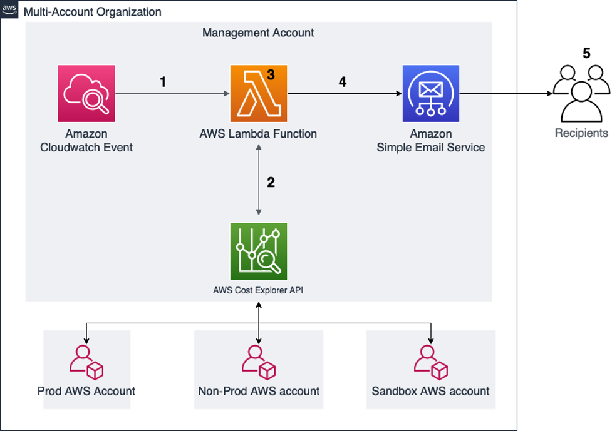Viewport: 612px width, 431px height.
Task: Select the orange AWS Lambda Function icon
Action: [x=258, y=93]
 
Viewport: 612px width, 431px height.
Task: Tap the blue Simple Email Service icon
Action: [x=430, y=93]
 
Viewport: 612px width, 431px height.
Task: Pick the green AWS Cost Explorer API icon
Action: [x=258, y=251]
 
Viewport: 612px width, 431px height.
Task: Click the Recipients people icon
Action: [x=581, y=93]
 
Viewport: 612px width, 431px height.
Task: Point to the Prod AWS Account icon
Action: [x=86, y=362]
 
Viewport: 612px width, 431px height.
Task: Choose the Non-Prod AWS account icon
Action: [x=258, y=362]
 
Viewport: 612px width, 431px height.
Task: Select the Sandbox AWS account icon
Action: [x=431, y=362]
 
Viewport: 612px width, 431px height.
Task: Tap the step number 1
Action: [x=163, y=82]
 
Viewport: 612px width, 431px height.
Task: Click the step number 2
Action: [x=271, y=183]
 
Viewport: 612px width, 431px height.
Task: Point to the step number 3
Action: [x=271, y=74]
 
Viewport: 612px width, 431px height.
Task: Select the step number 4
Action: [x=343, y=82]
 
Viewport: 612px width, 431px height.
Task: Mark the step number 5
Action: [x=586, y=54]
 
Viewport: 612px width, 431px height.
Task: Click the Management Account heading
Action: [x=258, y=32]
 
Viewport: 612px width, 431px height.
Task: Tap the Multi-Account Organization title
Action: [x=92, y=12]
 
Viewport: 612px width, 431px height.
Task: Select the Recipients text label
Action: [x=581, y=133]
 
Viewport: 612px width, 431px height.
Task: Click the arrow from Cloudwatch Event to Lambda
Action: [x=172, y=94]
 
